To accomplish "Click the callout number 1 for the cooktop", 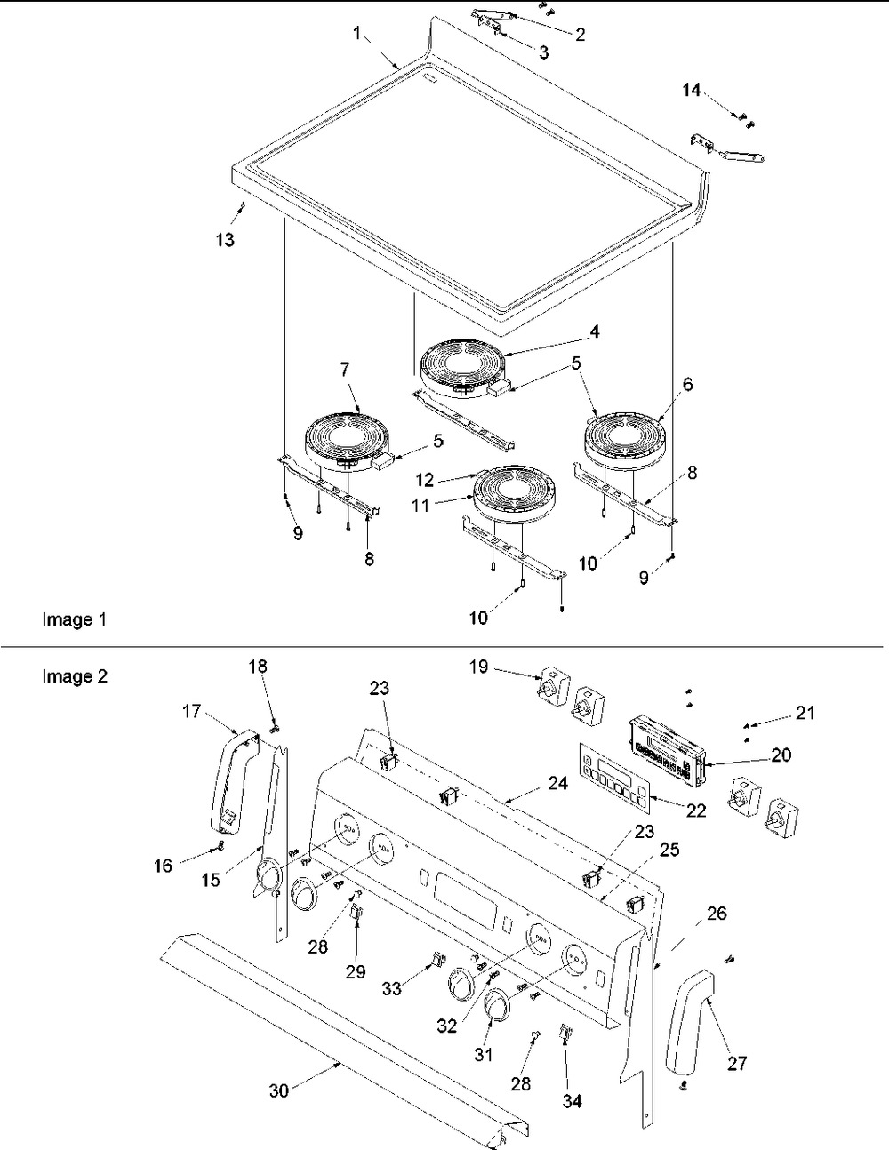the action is [x=357, y=34].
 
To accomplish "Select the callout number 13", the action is [x=225, y=240].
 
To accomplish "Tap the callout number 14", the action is [x=691, y=90].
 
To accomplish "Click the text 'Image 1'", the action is [x=74, y=619].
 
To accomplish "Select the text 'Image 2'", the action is [x=75, y=676].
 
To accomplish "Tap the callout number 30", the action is [x=279, y=1090].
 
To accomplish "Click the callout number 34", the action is [x=572, y=1101].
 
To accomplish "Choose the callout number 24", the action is [x=557, y=783].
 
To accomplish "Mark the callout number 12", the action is [x=425, y=480].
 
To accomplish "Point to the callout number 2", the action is [x=580, y=35].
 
